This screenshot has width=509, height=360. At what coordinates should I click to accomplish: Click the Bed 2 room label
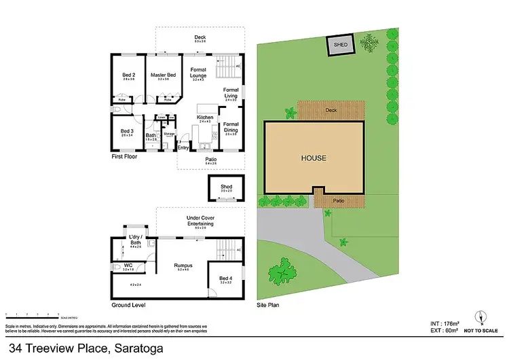click(x=128, y=75)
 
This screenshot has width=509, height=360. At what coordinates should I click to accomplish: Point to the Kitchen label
click(x=206, y=118)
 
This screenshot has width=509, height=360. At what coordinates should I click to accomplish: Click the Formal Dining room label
click(x=231, y=127)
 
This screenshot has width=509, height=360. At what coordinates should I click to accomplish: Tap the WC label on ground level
click(x=128, y=265)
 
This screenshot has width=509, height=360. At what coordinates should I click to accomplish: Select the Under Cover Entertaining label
click(x=200, y=221)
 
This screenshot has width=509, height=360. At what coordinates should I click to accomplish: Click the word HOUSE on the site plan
click(x=314, y=158)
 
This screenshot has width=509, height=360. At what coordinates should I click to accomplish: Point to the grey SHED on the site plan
click(x=341, y=46)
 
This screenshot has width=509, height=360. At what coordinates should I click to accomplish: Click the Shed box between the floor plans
click(x=226, y=187)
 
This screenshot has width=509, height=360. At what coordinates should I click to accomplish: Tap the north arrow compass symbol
click(x=481, y=317)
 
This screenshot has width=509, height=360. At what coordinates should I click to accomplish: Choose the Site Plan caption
click(x=267, y=306)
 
